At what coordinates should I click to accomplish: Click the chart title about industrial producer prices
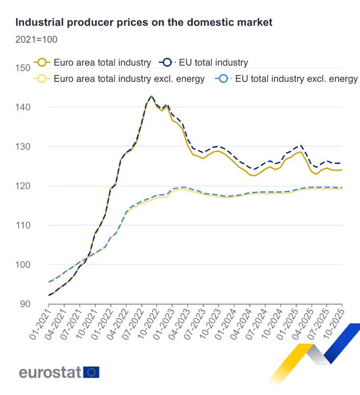coord(144,23)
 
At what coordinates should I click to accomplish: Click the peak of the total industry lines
coord(152,96)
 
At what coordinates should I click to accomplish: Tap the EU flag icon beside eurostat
coord(91,372)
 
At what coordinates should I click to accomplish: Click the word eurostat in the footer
coord(50,372)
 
